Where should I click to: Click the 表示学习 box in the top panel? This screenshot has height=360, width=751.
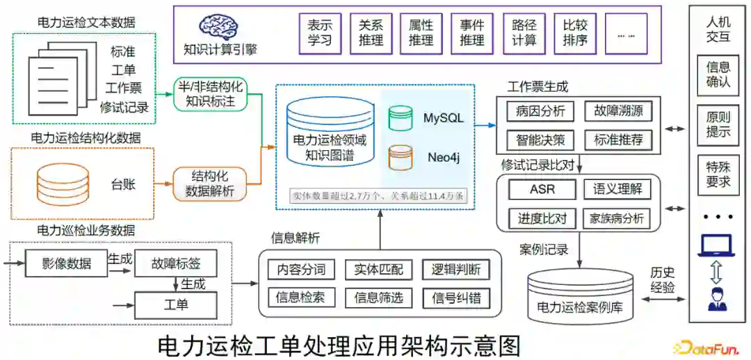point(320,33)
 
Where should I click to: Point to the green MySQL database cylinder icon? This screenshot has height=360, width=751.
point(400,117)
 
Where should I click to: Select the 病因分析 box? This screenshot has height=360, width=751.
point(540,111)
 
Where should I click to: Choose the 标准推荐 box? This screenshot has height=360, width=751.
point(618,140)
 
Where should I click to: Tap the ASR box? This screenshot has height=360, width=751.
point(542,189)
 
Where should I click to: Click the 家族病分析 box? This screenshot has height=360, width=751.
point(617,218)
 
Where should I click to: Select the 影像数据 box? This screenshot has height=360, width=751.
point(66,264)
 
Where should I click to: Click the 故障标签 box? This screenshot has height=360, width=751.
point(175,264)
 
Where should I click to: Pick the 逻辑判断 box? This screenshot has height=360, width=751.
point(455,270)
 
